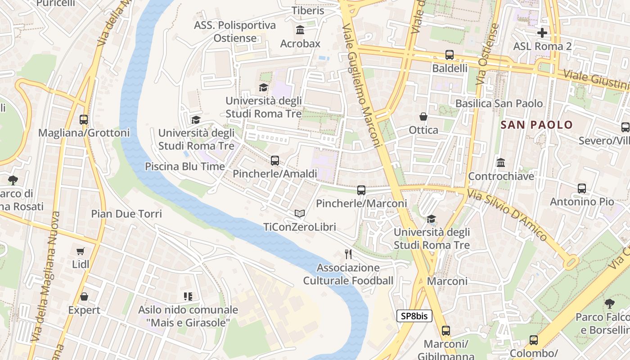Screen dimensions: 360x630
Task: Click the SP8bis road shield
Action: point(414,316)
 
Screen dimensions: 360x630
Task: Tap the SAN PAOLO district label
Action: point(536,125)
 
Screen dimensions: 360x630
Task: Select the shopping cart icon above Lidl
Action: point(81,251)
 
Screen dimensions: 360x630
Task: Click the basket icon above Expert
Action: point(84,297)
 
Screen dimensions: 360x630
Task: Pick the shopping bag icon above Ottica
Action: point(423,117)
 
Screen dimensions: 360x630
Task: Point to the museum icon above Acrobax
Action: point(300,30)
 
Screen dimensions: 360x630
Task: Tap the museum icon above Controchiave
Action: point(500,162)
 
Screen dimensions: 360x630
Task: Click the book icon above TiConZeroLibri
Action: point(300,213)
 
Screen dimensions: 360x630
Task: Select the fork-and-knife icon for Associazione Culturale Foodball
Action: point(348,254)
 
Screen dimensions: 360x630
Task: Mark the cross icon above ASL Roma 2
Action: point(542,32)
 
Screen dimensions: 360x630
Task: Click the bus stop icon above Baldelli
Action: point(450,55)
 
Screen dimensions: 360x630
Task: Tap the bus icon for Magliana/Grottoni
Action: point(84,120)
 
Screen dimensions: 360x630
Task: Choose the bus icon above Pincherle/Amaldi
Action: point(275,160)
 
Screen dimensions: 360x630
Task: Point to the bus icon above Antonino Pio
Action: point(582,189)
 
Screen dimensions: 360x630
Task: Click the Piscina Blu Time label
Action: point(184,166)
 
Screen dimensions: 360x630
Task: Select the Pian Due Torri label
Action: point(126,213)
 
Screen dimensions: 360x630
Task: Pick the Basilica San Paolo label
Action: point(499,103)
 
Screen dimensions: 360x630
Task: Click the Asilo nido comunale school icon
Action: point(188,296)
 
